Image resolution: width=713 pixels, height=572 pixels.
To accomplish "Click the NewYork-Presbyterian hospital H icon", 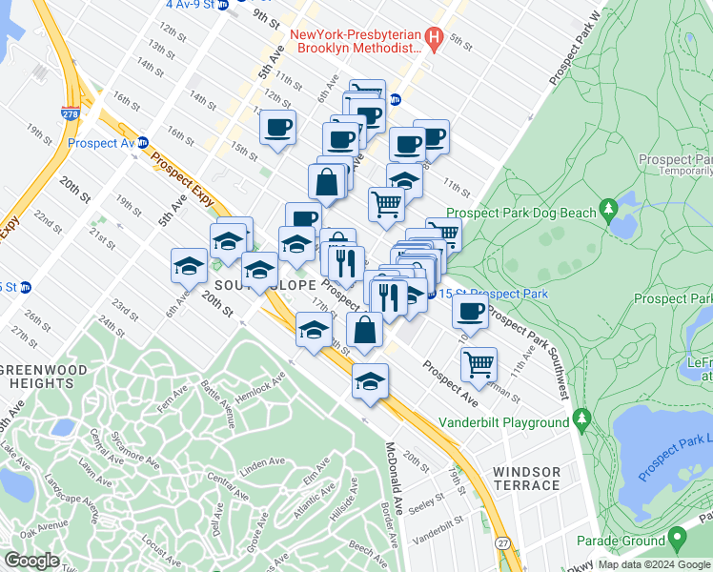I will [435, 38].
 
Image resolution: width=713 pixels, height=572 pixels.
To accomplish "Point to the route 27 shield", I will [504, 542].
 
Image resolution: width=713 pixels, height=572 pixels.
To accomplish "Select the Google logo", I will [32, 561].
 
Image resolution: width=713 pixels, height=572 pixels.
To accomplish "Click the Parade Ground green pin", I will [678, 540].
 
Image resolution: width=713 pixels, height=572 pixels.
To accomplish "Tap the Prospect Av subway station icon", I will [143, 143].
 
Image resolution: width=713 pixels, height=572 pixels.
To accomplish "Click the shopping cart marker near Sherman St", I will [479, 363].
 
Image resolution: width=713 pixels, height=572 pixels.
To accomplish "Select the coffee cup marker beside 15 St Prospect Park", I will [469, 311].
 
